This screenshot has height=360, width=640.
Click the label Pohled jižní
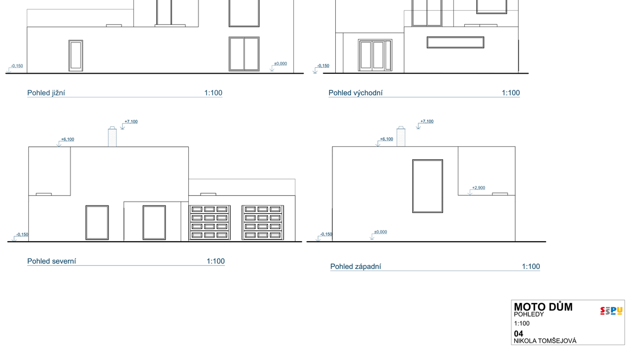(46, 93)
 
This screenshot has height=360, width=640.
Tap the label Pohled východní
(355, 93)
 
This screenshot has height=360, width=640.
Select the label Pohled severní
(52, 261)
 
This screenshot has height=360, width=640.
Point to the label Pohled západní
(355, 267)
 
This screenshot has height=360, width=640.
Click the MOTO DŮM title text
(543, 307)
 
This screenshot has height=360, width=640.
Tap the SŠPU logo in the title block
(611, 311)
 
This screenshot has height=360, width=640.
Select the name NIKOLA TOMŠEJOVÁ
(545, 341)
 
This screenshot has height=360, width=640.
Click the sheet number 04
(519, 333)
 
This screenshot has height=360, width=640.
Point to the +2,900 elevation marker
(478, 188)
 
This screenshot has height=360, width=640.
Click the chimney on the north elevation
(112, 137)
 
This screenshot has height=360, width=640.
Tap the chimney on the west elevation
(401, 137)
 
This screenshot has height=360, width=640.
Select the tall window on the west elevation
(427, 186)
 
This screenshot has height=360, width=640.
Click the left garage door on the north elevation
(209, 222)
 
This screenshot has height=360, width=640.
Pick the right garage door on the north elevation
(263, 222)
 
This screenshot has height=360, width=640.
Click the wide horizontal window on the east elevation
(456, 42)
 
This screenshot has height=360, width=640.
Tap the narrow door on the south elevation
(75, 55)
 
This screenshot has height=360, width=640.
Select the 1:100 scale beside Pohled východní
(510, 93)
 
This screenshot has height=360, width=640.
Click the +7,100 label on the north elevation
(131, 121)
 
